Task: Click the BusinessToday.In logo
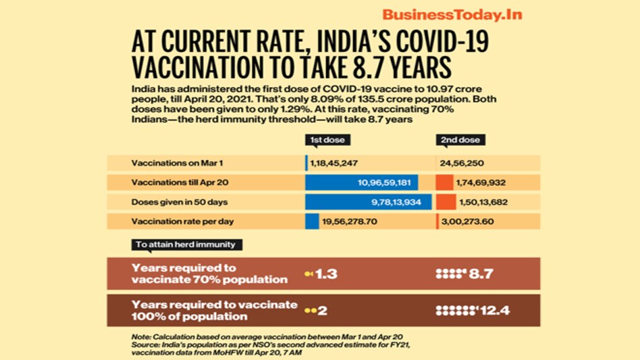pos(452,15)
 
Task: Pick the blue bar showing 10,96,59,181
pos(362,182)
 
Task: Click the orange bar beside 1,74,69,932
pos(444,182)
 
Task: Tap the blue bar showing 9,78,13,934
pos(369,202)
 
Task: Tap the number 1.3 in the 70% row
pos(326,274)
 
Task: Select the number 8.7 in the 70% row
pos(481,274)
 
